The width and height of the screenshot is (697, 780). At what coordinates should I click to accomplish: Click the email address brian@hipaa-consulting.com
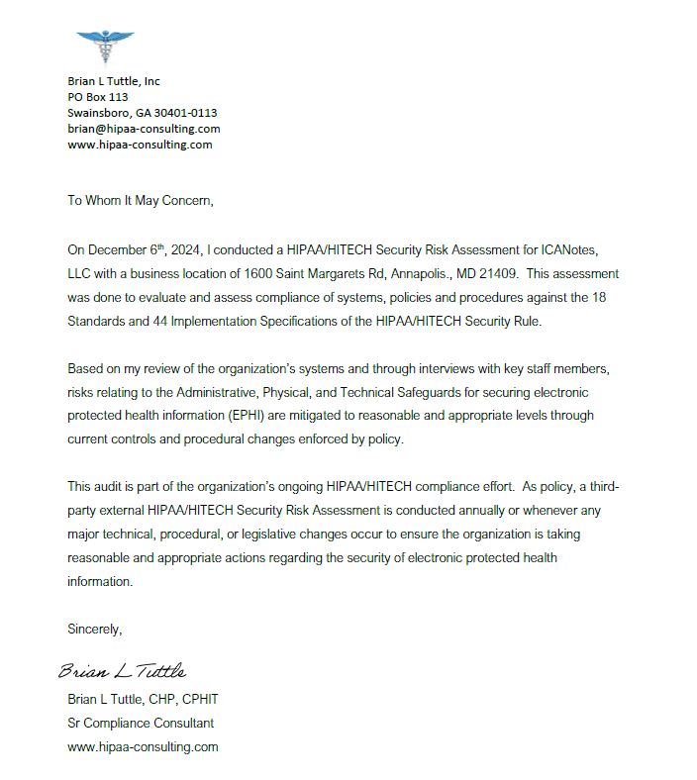144,129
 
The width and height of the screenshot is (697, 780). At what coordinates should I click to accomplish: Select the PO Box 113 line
98,97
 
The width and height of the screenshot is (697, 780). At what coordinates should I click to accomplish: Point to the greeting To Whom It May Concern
140,200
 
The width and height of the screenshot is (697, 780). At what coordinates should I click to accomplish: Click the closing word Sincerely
94,629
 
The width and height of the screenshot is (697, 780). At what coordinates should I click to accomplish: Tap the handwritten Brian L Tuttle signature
122,672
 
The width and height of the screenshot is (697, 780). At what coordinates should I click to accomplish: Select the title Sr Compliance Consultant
141,723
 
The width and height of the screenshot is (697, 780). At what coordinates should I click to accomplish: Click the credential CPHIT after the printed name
199,699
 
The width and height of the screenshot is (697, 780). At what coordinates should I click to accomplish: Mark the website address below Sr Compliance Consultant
143,746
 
